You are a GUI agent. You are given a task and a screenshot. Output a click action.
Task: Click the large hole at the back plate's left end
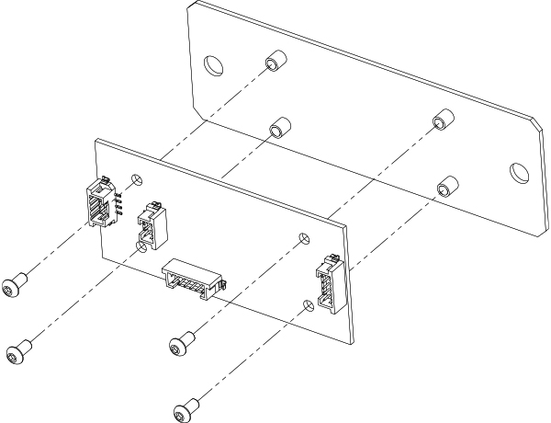212,65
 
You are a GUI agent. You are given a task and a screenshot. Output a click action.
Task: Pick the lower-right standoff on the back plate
445,184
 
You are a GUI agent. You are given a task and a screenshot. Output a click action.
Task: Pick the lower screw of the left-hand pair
16,352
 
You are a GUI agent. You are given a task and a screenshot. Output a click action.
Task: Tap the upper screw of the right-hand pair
179,346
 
